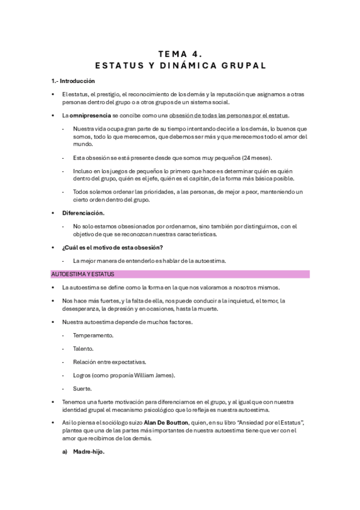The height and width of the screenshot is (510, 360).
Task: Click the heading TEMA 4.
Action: (x=180, y=52)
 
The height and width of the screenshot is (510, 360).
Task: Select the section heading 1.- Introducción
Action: (x=73, y=81)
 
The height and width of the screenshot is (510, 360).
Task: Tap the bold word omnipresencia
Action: (x=90, y=115)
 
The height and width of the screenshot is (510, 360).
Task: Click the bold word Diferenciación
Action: (x=83, y=213)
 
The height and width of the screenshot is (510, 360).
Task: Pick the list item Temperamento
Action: (x=93, y=335)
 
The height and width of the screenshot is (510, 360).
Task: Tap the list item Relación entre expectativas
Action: (x=109, y=361)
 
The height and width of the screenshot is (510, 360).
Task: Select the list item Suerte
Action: (x=82, y=389)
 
